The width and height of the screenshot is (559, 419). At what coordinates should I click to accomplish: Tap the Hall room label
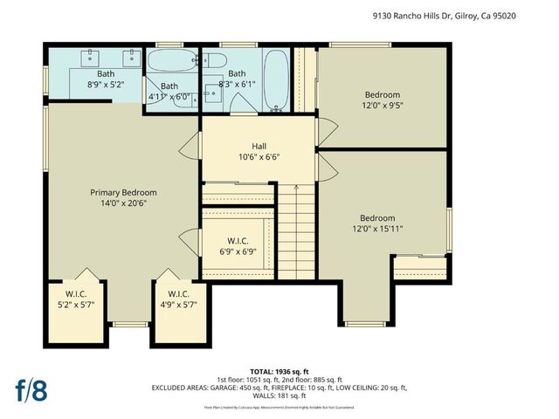[259, 146]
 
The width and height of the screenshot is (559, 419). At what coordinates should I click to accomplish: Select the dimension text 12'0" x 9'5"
[382, 106]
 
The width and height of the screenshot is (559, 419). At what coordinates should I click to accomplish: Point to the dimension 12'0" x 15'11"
[377, 229]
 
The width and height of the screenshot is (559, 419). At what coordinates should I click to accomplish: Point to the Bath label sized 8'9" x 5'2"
[105, 74]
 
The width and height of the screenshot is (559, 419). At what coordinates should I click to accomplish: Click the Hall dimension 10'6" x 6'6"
[259, 157]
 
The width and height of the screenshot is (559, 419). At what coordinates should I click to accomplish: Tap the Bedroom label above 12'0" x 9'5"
[382, 94]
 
